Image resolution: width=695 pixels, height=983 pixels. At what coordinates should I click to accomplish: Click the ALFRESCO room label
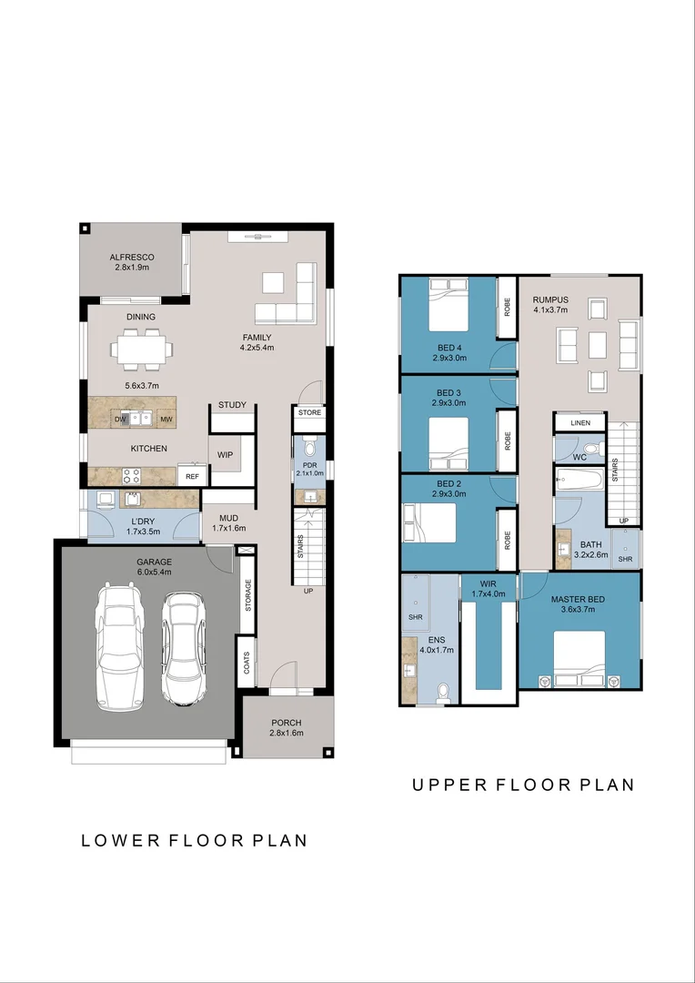[132, 258]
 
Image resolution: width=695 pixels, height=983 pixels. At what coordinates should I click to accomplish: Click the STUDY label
[232, 405]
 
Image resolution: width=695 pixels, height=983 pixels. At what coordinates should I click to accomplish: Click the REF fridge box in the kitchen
[193, 476]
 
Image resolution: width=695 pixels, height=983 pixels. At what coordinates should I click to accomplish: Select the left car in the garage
[117, 647]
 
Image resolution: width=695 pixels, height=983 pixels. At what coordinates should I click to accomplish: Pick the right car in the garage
[183, 648]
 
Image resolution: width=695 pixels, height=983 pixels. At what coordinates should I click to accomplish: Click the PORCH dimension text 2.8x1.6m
[287, 733]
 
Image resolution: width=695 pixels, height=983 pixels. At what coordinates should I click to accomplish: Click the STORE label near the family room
[309, 413]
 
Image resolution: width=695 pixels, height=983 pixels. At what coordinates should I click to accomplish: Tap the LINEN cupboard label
[580, 423]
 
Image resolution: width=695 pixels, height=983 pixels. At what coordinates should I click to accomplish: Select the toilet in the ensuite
[443, 693]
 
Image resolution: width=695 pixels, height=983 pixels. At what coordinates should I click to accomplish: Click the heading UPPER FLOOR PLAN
[523, 785]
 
